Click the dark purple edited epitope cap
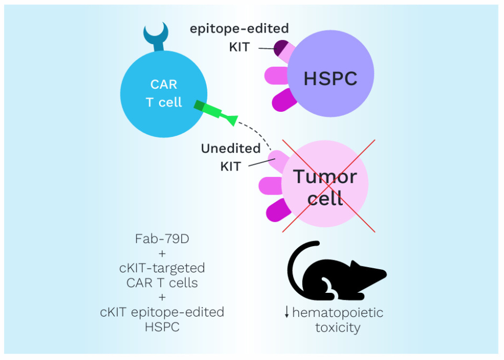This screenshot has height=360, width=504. (280, 47)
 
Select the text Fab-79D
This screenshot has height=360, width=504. (162, 239)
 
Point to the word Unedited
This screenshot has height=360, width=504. (230, 149)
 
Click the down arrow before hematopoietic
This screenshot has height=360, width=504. (287, 313)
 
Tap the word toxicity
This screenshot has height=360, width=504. (338, 328)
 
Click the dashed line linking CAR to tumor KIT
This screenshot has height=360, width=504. (257, 133)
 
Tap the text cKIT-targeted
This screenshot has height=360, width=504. (162, 268)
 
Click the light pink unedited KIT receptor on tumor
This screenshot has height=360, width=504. (277, 157)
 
